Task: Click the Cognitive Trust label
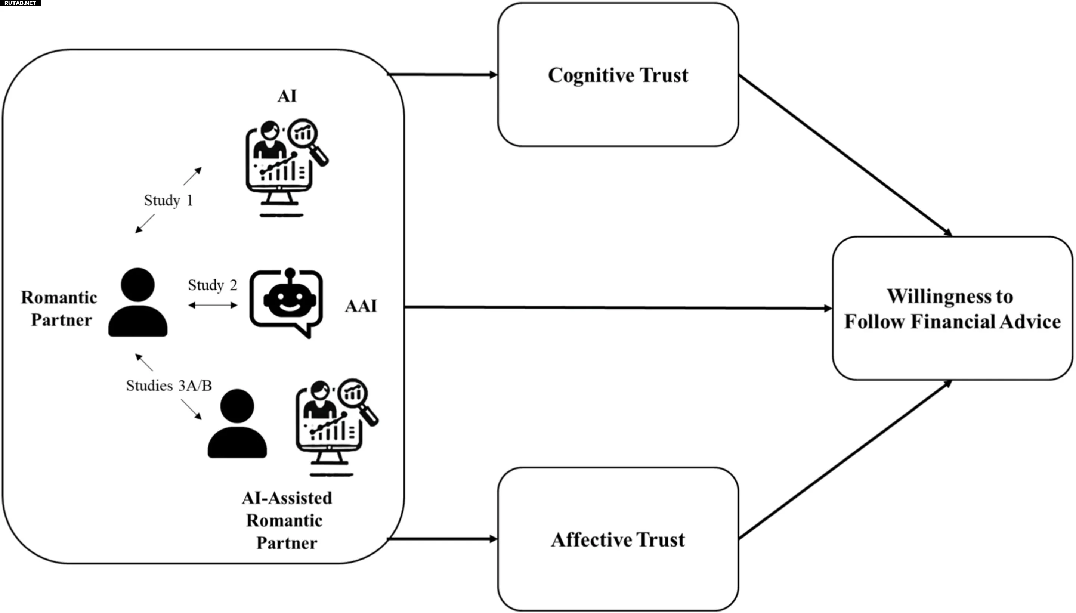tap(618, 75)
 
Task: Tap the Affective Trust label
tap(618, 540)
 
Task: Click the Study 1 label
tap(168, 200)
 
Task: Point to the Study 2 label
tap(212, 285)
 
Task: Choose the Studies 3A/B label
tap(169, 386)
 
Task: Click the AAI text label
tap(361, 306)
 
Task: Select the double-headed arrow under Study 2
tap(213, 305)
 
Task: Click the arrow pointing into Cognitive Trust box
tap(442, 75)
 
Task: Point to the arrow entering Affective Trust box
tap(442, 539)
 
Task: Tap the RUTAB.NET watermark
tap(20, 3)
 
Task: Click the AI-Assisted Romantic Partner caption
tap(286, 520)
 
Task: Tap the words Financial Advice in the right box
tap(986, 322)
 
